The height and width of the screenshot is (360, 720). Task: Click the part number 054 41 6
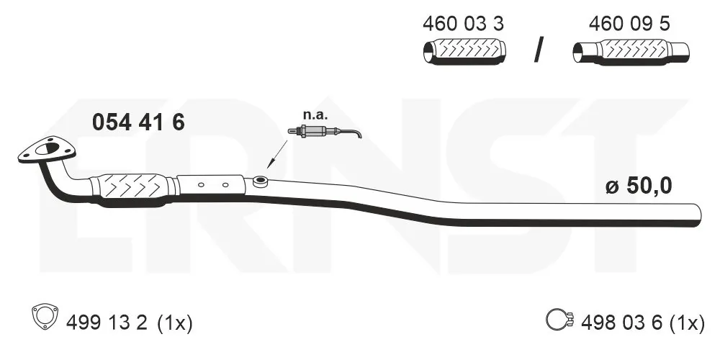coord(138,122)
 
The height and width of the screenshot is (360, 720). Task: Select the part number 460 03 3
coord(463,24)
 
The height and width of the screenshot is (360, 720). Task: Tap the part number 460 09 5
coord(629,24)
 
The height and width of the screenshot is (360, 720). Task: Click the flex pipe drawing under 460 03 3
coord(464,51)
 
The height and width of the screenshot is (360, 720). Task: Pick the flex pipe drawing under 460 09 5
coord(631,51)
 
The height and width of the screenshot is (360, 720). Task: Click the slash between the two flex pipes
coord(539,50)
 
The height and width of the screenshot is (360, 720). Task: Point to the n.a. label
coord(315,115)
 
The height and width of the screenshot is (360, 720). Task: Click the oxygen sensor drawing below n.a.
coord(325,132)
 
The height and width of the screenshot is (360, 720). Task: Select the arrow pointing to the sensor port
coord(277,154)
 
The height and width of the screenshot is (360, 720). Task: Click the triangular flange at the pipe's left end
coord(46,150)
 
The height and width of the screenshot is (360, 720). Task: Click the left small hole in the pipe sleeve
coord(201,185)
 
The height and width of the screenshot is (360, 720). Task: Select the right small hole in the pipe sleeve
coord(225,185)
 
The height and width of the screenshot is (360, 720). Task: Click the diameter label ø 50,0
coord(639,186)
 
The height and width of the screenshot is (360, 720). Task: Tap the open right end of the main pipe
coord(699,215)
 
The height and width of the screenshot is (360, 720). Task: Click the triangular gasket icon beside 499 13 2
coord(45,316)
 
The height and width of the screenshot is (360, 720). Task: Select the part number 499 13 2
coord(107,323)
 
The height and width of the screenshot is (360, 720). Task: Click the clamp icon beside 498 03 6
coord(561,319)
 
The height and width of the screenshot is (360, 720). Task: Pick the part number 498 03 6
coord(622,323)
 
